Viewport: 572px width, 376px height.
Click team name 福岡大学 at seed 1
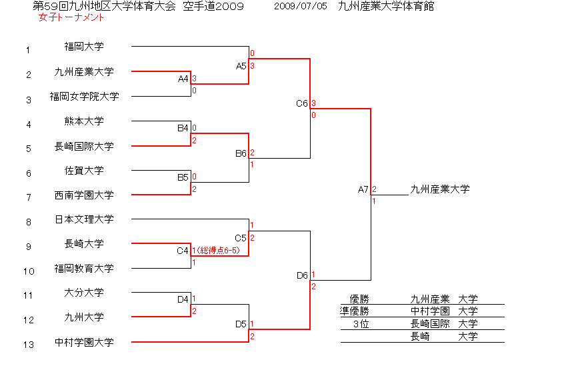click(84, 47)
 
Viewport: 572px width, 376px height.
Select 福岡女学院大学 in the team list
click(84, 97)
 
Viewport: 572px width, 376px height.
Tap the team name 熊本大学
click(84, 121)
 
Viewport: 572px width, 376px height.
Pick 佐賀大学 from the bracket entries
click(84, 171)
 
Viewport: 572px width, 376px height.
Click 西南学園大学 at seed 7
click(84, 195)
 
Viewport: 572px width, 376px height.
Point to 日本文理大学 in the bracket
click(84, 219)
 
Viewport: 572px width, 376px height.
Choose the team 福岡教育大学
click(84, 269)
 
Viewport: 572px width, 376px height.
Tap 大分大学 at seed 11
click(84, 293)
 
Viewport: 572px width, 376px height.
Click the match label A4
click(183, 79)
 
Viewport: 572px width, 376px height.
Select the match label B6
click(241, 154)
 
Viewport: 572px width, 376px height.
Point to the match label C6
click(302, 104)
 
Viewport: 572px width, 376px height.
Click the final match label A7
click(363, 190)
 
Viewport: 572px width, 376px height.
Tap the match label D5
click(241, 325)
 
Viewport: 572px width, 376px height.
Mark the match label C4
click(183, 251)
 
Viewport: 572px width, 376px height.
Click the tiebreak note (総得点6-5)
click(217, 251)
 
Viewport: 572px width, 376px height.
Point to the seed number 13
click(28, 345)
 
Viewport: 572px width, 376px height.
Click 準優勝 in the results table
click(355, 311)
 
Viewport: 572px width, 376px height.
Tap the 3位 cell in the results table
click(361, 324)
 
